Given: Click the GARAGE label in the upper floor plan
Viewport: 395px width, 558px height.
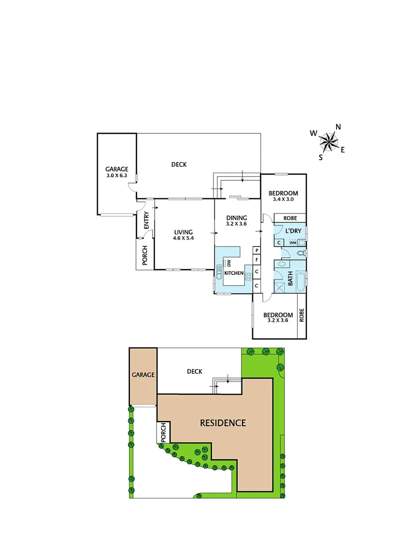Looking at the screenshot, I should [116, 169].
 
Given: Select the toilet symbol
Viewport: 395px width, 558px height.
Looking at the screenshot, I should [300, 254].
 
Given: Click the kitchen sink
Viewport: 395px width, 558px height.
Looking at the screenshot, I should [219, 273].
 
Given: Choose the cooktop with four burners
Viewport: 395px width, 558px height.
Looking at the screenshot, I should [248, 275].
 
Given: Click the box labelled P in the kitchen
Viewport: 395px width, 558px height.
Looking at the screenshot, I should [256, 251].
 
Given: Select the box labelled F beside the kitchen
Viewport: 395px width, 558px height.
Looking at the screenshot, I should [256, 260].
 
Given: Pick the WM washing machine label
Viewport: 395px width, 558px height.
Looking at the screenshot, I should [293, 242].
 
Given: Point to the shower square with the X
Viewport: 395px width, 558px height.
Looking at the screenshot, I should [279, 288].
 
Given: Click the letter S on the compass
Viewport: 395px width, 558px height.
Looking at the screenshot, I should [321, 157].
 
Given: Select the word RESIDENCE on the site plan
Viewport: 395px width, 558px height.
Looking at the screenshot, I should [223, 423].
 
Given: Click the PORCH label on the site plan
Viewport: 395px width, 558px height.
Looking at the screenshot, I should [163, 432].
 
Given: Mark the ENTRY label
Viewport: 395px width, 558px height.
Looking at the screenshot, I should [146, 221].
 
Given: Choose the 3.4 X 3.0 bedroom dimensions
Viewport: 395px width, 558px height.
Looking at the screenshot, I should [283, 199].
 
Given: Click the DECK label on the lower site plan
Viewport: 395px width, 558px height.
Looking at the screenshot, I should [194, 371].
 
